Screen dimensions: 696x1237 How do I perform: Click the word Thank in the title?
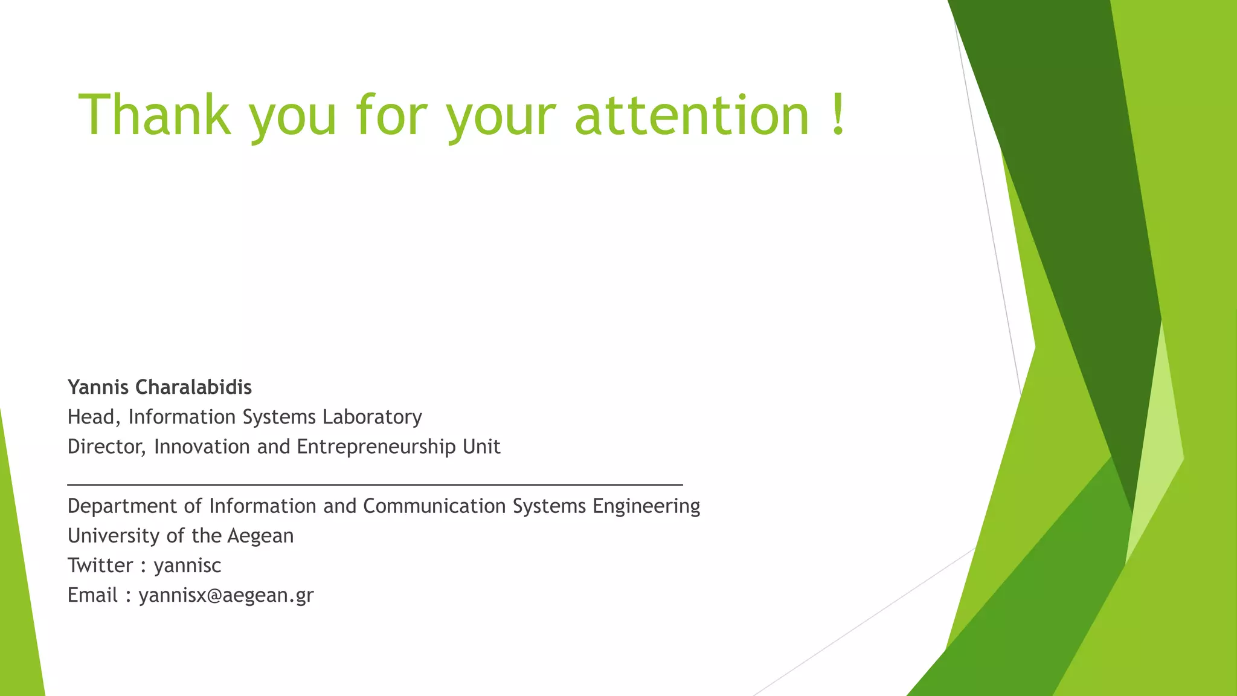tap(155, 114)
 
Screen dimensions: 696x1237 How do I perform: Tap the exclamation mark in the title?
tap(837, 114)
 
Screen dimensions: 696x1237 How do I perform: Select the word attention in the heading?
tap(692, 114)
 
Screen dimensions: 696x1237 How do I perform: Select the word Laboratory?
tap(372, 417)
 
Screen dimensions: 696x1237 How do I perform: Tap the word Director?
tap(106, 447)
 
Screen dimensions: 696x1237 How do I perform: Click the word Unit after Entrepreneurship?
tap(481, 447)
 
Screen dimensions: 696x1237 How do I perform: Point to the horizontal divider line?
tap(374, 485)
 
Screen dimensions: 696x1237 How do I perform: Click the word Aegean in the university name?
tap(260, 536)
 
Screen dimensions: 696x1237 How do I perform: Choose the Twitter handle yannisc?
tap(187, 565)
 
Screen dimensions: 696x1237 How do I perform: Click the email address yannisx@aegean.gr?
tap(226, 596)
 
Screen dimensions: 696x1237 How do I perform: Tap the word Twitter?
tap(100, 565)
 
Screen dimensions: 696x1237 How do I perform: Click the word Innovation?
tap(202, 447)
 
